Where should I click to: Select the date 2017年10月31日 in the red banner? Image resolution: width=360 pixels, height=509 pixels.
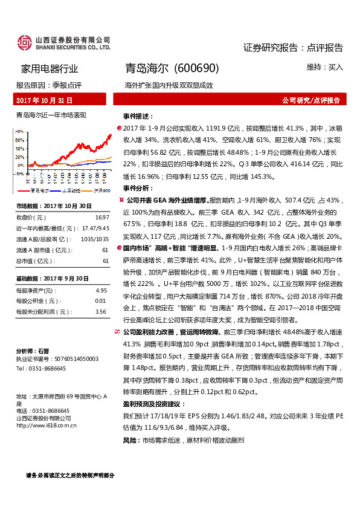click(44, 100)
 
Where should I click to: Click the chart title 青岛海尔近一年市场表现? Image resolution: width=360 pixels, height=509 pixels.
click(51, 114)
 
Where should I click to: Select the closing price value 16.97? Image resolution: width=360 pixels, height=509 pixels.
click(101, 217)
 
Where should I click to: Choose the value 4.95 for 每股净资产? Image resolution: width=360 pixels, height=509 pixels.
click(101, 290)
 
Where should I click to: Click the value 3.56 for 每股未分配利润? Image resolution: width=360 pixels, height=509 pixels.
click(101, 312)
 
